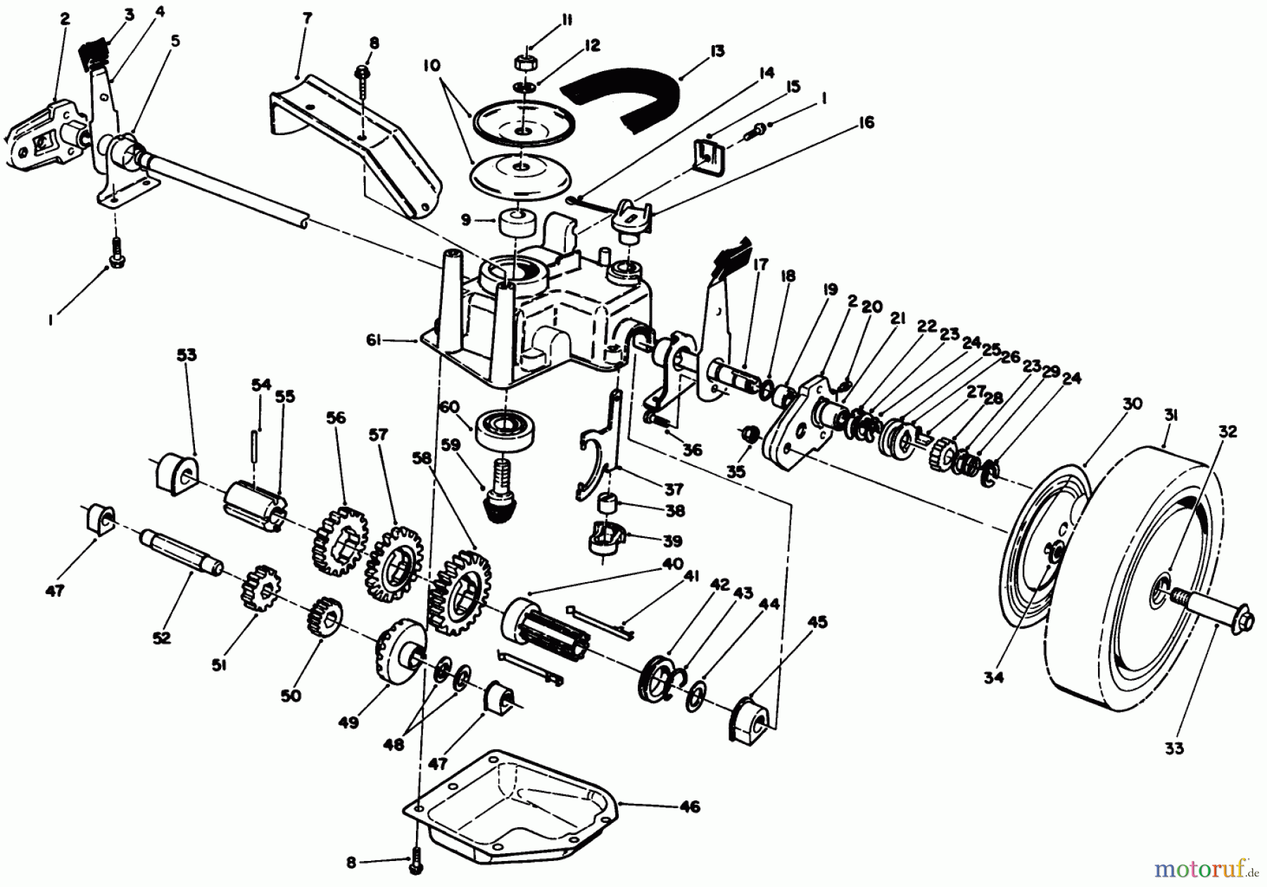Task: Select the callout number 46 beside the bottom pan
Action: (x=691, y=807)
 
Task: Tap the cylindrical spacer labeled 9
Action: (x=516, y=225)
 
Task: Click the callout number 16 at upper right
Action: (x=866, y=123)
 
